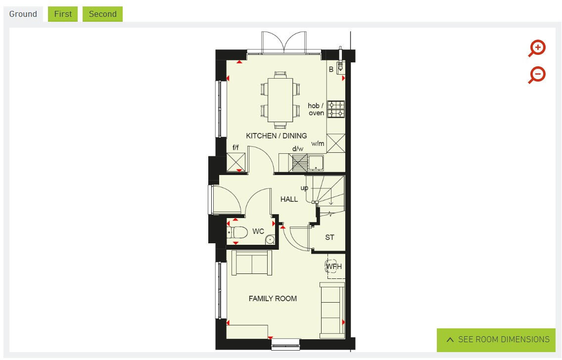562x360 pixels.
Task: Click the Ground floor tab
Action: point(23,14)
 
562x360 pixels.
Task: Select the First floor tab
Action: point(63,14)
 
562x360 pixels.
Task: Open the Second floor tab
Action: point(102,14)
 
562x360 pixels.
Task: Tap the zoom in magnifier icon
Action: point(537,48)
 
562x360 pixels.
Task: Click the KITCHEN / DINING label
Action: point(276,135)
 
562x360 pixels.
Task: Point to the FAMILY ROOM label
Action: point(273,298)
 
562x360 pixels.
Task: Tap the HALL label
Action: point(289,199)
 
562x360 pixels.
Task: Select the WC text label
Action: point(258,231)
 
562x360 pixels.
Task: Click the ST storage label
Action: point(329,237)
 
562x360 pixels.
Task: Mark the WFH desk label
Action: point(333,267)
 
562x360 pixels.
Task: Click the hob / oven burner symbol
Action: point(337,109)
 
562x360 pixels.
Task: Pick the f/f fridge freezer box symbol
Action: point(236,162)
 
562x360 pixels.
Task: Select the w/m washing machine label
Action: point(318,144)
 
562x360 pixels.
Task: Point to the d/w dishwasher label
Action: point(297,148)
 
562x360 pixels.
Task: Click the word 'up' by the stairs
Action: point(304,188)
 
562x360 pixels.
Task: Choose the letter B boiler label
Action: point(331,70)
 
